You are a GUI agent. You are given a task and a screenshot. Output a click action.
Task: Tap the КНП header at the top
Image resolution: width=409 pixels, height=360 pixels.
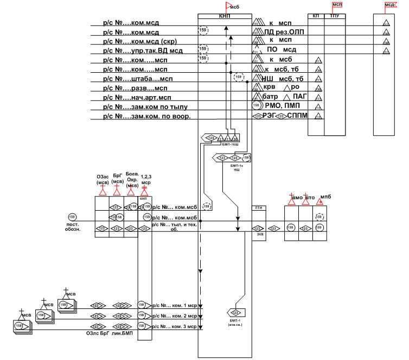(x=225, y=17)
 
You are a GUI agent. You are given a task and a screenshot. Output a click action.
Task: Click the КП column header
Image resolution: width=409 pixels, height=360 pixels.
(x=316, y=17)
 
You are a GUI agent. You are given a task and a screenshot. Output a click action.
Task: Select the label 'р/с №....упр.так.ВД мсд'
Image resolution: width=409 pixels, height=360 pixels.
(x=142, y=51)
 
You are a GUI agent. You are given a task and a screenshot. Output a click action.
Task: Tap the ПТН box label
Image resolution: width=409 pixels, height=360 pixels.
(x=258, y=207)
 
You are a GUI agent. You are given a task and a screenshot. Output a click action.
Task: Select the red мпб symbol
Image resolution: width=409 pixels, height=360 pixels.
(x=322, y=199)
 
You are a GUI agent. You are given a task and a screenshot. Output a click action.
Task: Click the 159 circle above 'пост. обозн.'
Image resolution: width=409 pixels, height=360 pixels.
(x=72, y=217)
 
